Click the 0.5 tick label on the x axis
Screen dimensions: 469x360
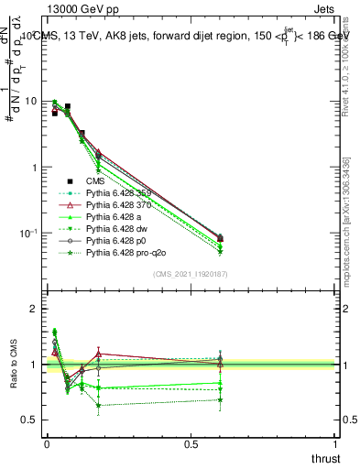191,443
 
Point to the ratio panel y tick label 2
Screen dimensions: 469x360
34,309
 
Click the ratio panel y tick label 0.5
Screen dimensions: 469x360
29,420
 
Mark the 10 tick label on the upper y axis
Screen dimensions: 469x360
30,101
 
